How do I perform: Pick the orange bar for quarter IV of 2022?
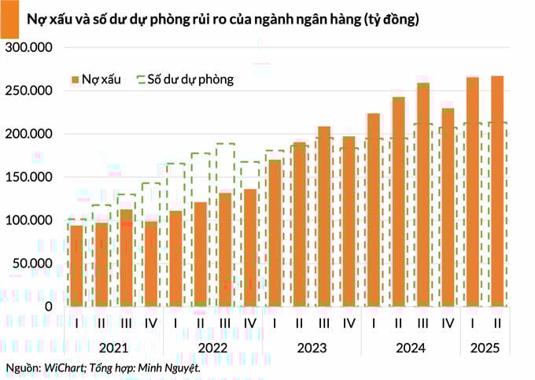coord(250,247)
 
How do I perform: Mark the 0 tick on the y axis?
coord(48,306)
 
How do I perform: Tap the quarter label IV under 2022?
coord(250,323)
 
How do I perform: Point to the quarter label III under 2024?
coord(423,323)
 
